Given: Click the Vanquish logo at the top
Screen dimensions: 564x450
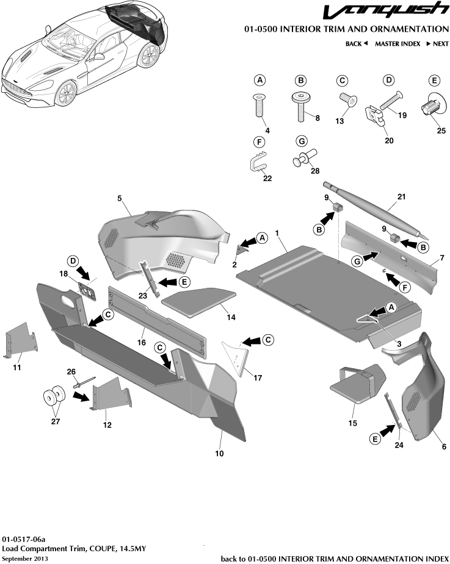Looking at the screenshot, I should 384,12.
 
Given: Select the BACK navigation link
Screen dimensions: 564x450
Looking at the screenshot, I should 356,44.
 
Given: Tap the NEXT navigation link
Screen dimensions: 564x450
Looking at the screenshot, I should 437,44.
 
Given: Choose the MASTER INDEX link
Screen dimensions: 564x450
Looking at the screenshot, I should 397,44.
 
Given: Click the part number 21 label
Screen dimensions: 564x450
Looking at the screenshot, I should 401,196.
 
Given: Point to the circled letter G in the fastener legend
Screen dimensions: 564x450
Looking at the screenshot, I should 300,141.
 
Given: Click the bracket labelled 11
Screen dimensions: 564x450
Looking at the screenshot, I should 20,345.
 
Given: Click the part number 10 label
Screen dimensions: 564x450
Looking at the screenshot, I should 220,454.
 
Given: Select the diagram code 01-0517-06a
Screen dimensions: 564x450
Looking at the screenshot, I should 23,540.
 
